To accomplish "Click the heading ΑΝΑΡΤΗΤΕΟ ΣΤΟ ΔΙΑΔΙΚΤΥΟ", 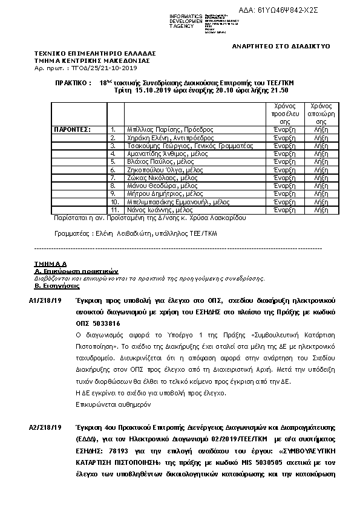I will point(281,47).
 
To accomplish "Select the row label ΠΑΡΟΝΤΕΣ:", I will point(72,129).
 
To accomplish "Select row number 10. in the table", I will point(115,202).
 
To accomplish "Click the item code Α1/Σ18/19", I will point(45,300).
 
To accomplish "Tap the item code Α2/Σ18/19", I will point(45,428).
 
